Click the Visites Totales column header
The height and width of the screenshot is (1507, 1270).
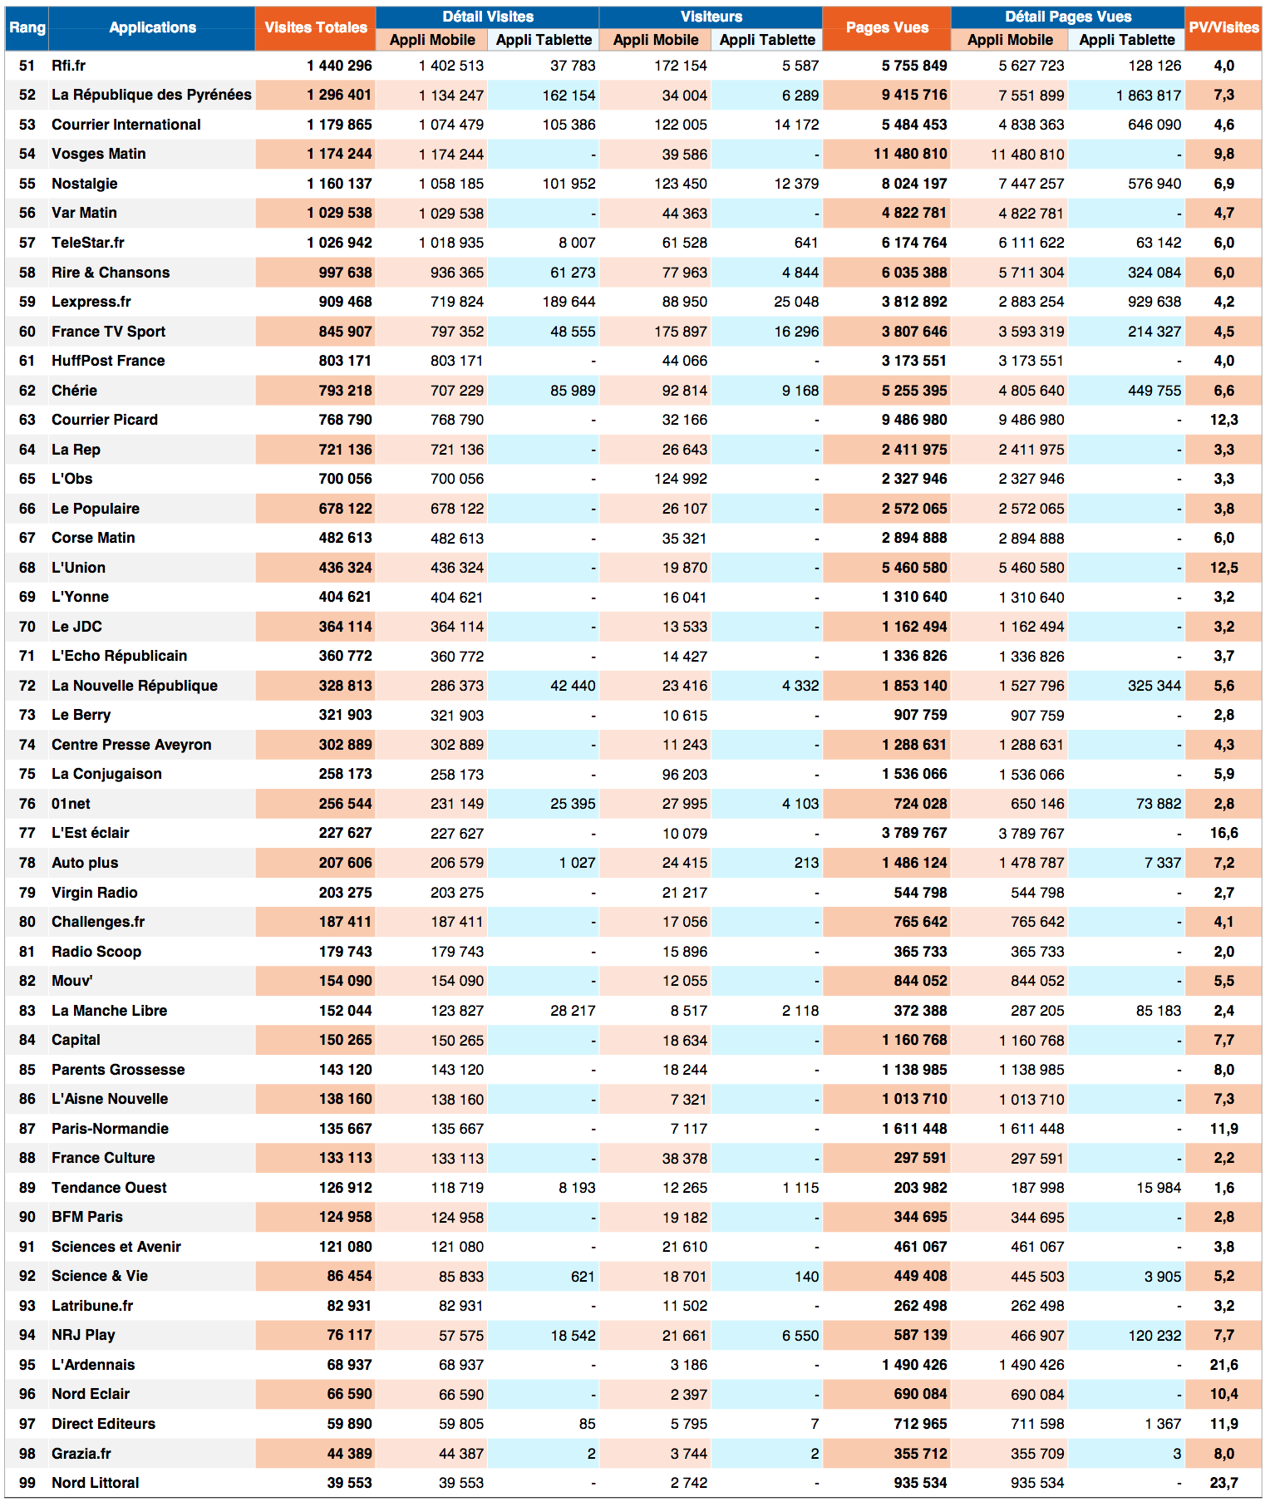click(x=315, y=27)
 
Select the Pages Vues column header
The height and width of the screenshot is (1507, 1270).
click(x=887, y=27)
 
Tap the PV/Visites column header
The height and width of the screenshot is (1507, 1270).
click(x=1223, y=27)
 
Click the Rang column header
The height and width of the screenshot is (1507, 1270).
click(x=27, y=27)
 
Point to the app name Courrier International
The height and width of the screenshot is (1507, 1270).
click(x=126, y=125)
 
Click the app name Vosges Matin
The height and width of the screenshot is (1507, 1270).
click(x=98, y=154)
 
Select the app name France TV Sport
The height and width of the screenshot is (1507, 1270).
click(x=108, y=332)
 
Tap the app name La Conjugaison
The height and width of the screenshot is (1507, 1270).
click(x=106, y=774)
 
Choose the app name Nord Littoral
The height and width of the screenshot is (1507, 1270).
click(x=95, y=1483)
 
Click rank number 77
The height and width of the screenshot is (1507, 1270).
click(x=27, y=833)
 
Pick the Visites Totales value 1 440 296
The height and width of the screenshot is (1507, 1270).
click(x=339, y=66)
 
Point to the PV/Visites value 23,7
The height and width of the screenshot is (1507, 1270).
click(x=1223, y=1483)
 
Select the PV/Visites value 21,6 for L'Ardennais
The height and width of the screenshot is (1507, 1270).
click(x=1223, y=1365)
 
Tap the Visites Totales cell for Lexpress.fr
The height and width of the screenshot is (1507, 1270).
click(x=345, y=302)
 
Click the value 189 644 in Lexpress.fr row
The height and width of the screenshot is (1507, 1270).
click(x=569, y=302)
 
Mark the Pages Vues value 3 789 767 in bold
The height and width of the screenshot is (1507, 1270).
click(x=914, y=833)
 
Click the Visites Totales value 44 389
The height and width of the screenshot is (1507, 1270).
click(x=349, y=1454)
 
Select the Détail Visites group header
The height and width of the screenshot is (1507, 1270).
click(x=488, y=17)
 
